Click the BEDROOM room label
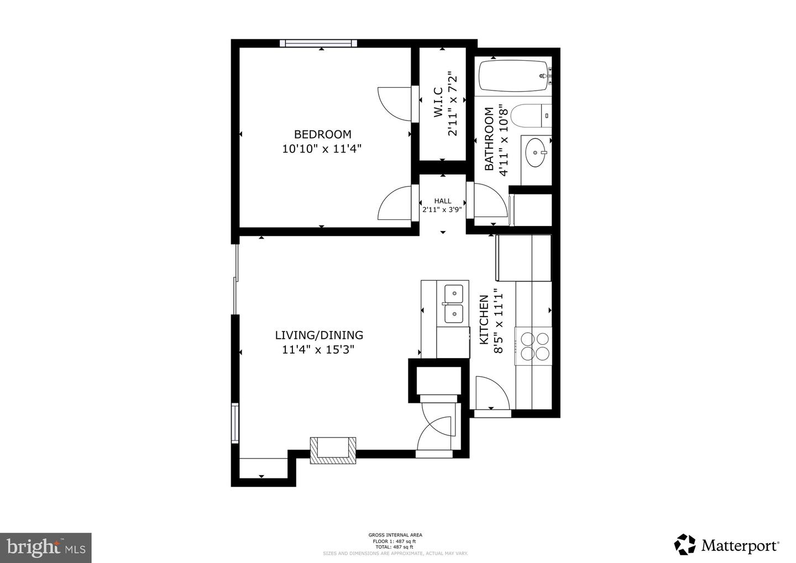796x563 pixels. (x=322, y=134)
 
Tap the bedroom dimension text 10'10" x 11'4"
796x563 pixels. (x=322, y=149)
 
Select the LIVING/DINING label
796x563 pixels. (x=319, y=335)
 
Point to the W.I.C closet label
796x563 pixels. (x=437, y=102)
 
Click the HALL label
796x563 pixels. (x=442, y=201)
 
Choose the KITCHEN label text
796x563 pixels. (x=484, y=320)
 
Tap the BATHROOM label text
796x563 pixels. (x=489, y=139)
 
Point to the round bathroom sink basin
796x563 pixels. (x=535, y=152)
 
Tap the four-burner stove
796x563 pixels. (x=533, y=345)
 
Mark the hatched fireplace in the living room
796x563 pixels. (x=333, y=450)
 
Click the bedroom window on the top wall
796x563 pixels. (x=318, y=43)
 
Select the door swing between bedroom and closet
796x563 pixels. (x=394, y=103)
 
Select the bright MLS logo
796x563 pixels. (x=45, y=548)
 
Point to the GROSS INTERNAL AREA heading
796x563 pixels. (x=395, y=535)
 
